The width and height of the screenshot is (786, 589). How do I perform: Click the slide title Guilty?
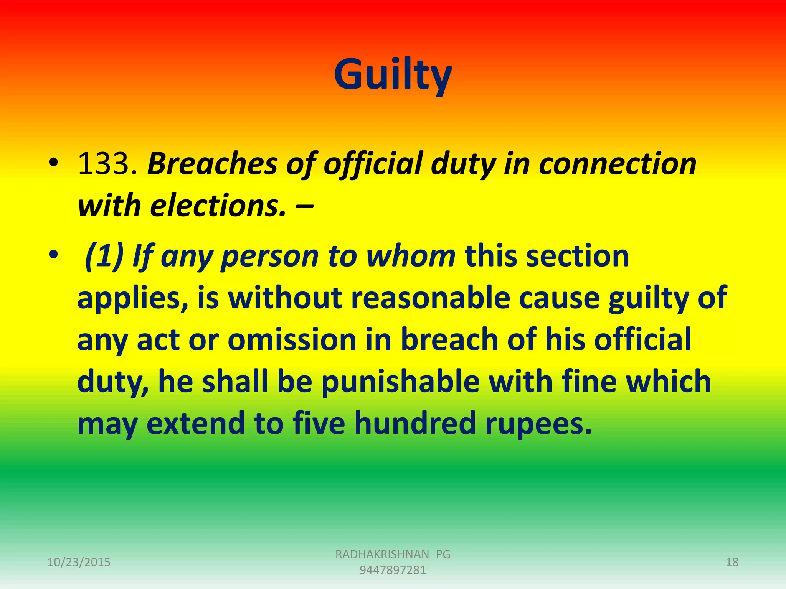(x=393, y=75)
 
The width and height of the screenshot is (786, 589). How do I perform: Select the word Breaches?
(x=212, y=164)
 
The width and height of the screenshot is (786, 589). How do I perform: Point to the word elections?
(x=218, y=206)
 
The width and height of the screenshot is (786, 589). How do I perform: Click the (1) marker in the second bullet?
(x=104, y=256)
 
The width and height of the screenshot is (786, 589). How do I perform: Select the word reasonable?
(x=431, y=298)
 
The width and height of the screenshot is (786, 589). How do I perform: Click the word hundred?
(x=415, y=423)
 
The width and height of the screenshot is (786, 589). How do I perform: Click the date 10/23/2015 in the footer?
(x=79, y=562)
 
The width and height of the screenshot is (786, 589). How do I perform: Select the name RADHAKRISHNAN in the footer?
(x=382, y=554)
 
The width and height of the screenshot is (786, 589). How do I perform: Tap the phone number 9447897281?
(x=393, y=570)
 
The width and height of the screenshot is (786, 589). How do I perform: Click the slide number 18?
(x=732, y=562)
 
